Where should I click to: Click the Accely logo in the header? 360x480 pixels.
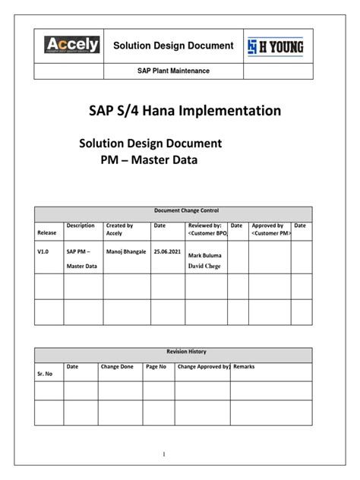tap(72, 46)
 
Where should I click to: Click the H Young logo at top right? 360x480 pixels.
tap(278, 46)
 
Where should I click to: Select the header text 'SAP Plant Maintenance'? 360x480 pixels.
tap(172, 71)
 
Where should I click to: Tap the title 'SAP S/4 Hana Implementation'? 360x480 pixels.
tap(180, 112)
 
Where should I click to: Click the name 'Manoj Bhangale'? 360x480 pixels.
tap(127, 250)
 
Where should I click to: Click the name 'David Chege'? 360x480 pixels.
tap(205, 266)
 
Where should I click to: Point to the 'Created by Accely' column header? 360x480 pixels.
tap(119, 229)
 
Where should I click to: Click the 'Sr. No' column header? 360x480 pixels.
tap(46, 375)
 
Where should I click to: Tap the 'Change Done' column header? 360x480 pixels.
tap(117, 367)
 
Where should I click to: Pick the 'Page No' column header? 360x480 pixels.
tap(156, 367)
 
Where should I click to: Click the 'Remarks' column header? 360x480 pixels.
tap(245, 367)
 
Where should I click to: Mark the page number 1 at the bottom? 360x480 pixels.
tap(185, 454)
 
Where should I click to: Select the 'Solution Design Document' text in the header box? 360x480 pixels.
tap(172, 46)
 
